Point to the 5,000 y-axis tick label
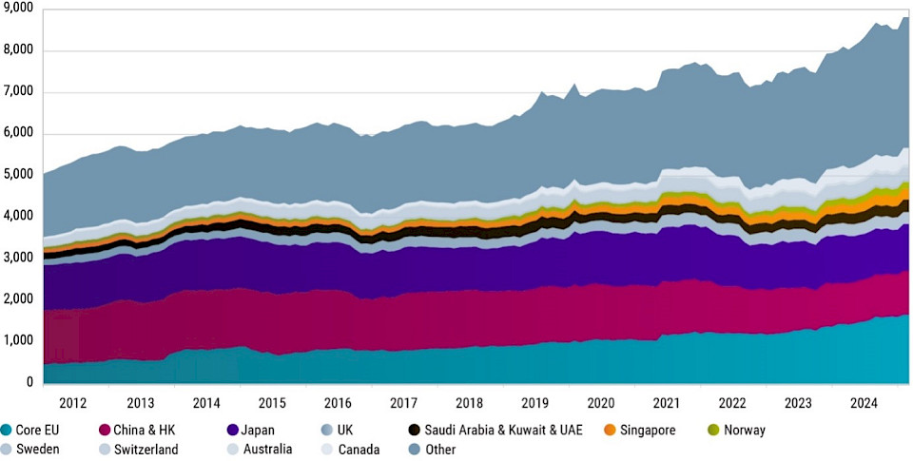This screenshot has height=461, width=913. [x=18, y=176]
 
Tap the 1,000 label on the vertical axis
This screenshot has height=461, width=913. [x=18, y=340]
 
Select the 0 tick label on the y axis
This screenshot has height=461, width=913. [x=29, y=382]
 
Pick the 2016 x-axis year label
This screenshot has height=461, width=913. [x=338, y=402]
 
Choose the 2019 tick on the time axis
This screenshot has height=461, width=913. [x=535, y=402]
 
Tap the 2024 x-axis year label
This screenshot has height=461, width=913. [x=865, y=402]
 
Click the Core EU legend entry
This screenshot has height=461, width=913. [x=35, y=430]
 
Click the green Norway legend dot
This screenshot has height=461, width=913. [x=715, y=430]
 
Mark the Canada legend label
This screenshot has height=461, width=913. [x=357, y=449]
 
